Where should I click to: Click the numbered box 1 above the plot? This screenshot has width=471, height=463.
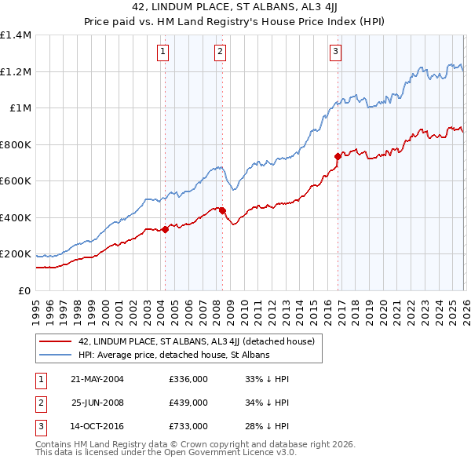(x=163, y=53)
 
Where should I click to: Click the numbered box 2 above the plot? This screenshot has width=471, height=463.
(x=220, y=53)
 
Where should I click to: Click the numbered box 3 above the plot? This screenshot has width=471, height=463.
(x=335, y=53)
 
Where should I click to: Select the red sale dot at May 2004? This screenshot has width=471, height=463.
(x=166, y=229)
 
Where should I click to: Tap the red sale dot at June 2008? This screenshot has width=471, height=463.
(x=222, y=210)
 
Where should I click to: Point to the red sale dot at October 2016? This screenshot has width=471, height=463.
(x=338, y=156)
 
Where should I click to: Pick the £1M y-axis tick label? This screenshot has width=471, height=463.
(x=21, y=108)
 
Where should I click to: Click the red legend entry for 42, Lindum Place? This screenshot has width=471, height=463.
(x=196, y=341)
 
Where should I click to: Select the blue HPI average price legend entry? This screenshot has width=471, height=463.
(x=173, y=355)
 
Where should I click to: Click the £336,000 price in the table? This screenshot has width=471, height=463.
(x=188, y=379)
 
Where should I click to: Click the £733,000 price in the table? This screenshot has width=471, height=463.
(x=188, y=426)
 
